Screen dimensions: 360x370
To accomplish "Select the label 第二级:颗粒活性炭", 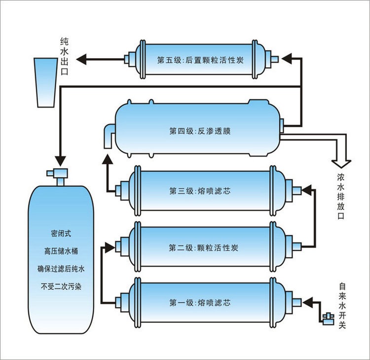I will [203, 247].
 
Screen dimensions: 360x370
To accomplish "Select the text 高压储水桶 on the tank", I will [60, 250].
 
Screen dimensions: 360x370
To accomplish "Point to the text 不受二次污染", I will [60, 285].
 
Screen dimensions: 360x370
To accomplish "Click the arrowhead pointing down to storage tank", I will [60, 161].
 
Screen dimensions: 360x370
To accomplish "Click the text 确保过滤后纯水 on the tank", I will [60, 268].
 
